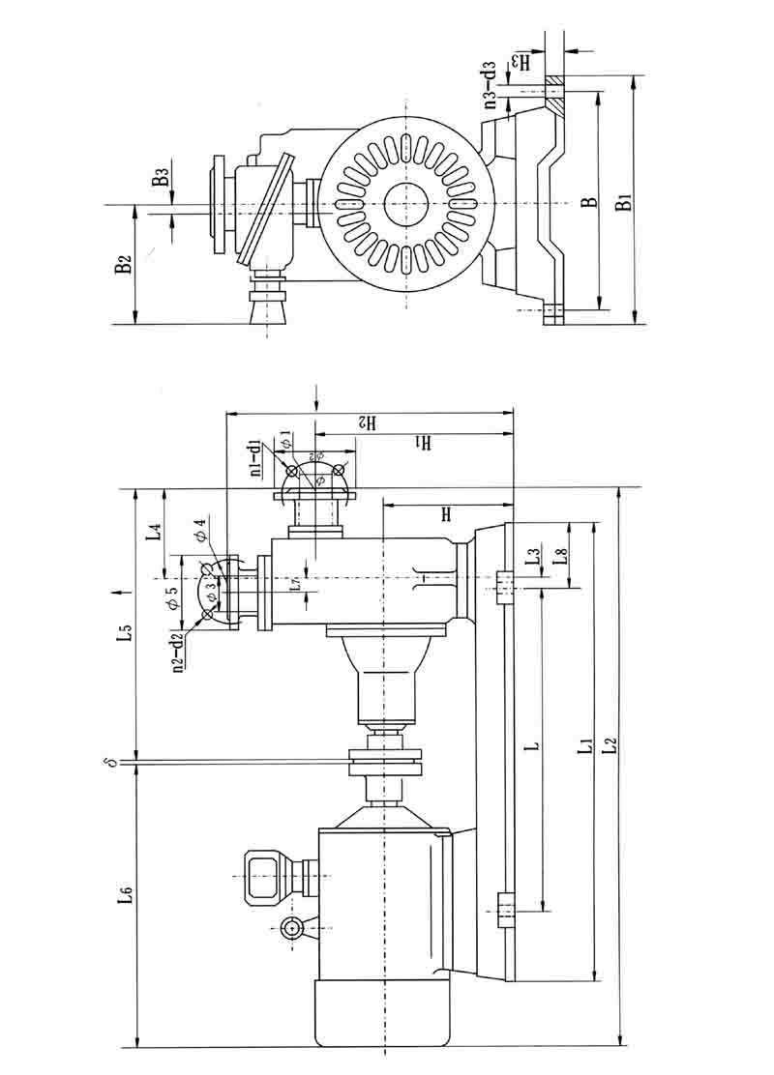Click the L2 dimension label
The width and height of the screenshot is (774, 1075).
coord(609,745)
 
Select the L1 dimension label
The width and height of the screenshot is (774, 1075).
coord(583,745)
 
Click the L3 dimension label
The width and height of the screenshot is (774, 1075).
coord(531,558)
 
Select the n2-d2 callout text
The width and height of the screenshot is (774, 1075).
coord(179,651)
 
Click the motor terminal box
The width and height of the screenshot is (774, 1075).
coord(267,875)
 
